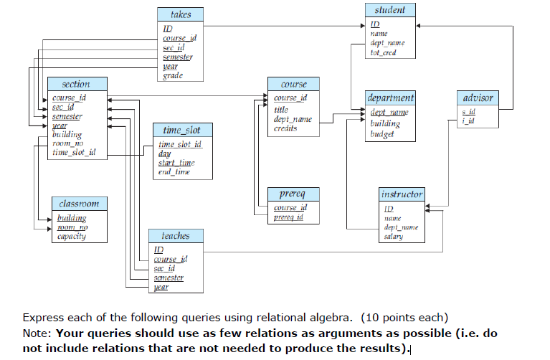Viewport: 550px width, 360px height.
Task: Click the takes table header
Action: tap(181, 14)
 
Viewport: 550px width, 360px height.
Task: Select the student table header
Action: tap(389, 10)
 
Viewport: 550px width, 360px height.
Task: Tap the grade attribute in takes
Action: tap(173, 75)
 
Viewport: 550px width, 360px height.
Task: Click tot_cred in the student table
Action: tap(383, 53)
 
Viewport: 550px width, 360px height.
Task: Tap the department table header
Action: tap(389, 98)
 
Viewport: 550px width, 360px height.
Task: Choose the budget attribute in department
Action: tap(382, 134)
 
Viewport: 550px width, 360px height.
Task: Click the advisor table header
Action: tap(478, 98)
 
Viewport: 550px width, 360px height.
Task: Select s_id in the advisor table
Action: tap(468, 112)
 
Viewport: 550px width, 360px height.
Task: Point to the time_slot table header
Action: tap(183, 131)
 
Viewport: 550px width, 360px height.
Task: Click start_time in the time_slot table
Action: tap(176, 164)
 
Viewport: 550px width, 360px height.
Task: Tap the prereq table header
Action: tap(292, 194)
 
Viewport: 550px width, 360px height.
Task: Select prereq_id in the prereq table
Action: tap(289, 217)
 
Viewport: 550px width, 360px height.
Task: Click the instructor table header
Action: tap(402, 194)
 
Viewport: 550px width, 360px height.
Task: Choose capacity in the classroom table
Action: tap(72, 237)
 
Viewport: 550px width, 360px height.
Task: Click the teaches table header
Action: tap(175, 235)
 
